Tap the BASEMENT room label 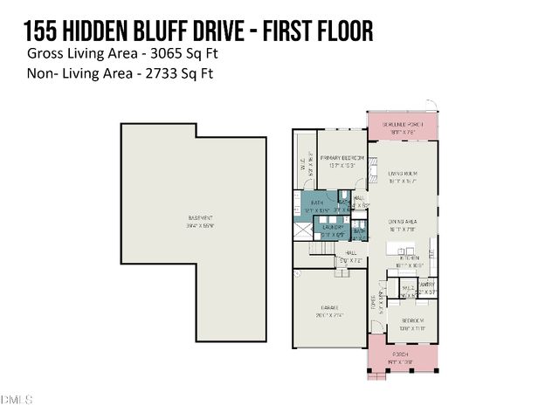point(201,217)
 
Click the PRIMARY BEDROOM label point(342,158)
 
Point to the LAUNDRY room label point(333,228)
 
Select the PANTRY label point(426,285)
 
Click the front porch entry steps point(376,377)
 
